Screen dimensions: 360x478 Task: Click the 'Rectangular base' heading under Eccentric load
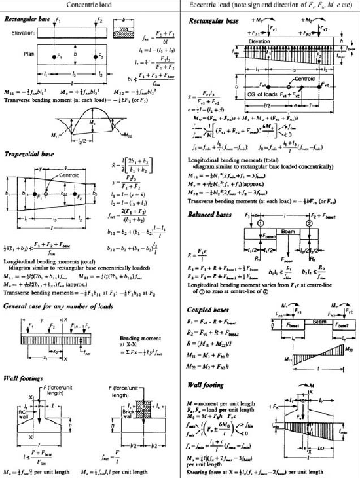[213, 21]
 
